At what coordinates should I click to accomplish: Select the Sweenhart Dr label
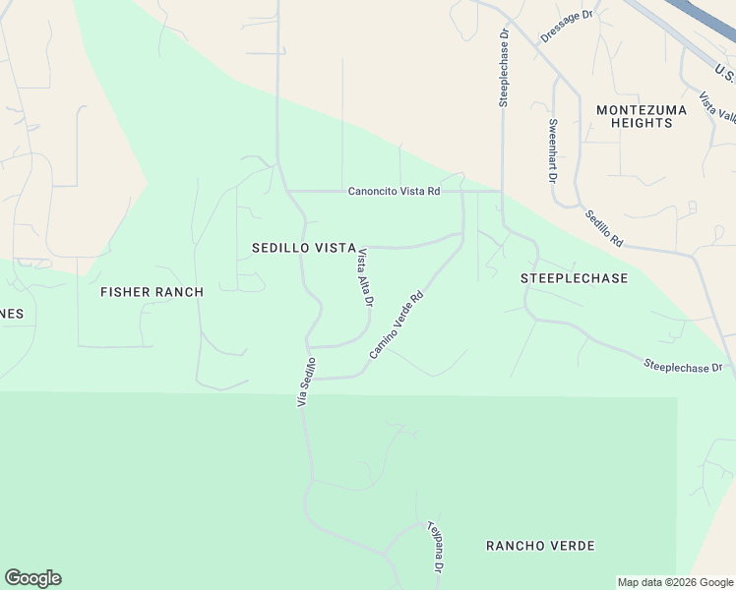pos(552,150)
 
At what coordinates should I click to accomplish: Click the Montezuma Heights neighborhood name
pos(635,116)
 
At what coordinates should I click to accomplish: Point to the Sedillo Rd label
pos(603,228)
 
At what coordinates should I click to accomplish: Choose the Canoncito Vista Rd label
pos(394,191)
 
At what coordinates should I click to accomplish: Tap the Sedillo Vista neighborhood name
pos(303,249)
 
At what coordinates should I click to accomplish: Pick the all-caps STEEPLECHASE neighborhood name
pos(574,278)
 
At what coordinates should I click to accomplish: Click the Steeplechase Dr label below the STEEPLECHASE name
pos(683,366)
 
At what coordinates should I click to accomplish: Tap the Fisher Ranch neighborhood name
pos(153,292)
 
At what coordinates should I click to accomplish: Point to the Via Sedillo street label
pos(306,384)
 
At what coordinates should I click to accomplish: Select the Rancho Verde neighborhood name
pos(541,545)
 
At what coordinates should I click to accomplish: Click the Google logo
pos(32,578)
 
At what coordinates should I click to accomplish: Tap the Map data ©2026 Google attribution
pos(676,582)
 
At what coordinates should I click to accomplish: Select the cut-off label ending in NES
pos(12,314)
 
